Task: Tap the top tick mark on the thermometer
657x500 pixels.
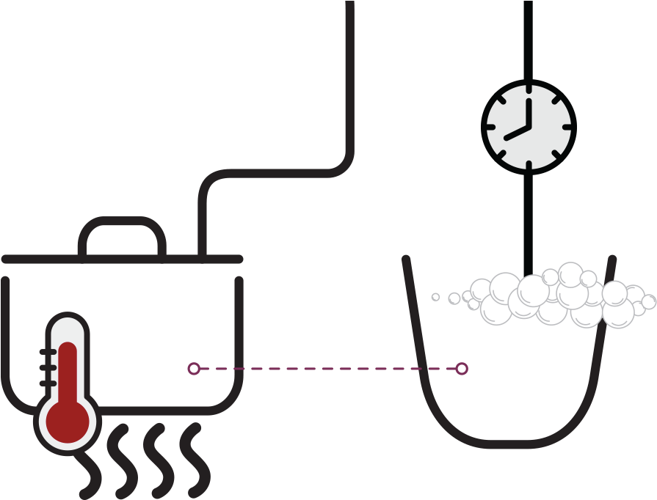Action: tap(48, 353)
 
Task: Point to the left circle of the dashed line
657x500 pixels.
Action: tap(194, 368)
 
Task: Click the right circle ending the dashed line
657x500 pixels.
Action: tap(462, 368)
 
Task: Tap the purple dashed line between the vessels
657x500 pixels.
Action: tap(327, 368)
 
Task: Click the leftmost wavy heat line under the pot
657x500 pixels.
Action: tap(91, 462)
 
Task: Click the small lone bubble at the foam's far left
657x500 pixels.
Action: tap(435, 297)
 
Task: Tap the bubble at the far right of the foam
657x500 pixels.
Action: tap(648, 302)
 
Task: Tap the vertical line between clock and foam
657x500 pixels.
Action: tap(528, 220)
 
